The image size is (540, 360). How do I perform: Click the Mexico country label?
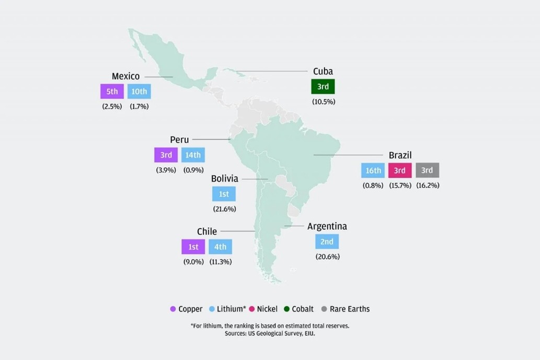pos(125,76)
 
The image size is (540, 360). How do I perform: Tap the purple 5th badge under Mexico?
pos(112,91)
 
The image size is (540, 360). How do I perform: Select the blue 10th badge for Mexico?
pos(139,91)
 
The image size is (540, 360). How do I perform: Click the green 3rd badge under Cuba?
pos(323,87)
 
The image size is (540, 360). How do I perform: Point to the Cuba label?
pos(323,71)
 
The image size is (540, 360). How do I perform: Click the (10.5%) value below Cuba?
pos(324,101)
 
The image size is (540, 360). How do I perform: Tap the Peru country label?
pos(179,140)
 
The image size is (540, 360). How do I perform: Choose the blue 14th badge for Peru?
pos(193,155)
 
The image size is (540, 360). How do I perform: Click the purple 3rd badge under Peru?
pos(166,155)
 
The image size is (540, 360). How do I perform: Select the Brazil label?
pos(400,155)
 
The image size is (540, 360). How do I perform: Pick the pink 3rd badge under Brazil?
pos(400,170)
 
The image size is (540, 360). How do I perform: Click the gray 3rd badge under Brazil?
pos(427,170)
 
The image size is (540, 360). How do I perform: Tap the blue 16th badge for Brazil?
pos(373,170)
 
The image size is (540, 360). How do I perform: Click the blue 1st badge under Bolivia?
pos(224,194)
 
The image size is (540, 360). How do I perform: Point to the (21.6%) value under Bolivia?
pos(224,209)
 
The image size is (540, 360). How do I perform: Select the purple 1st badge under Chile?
pos(193,247)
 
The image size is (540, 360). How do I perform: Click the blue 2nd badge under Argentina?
pos(327,241)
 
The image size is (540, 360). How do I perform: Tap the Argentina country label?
pos(327,226)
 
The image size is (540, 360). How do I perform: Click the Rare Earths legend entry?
pos(346,309)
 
